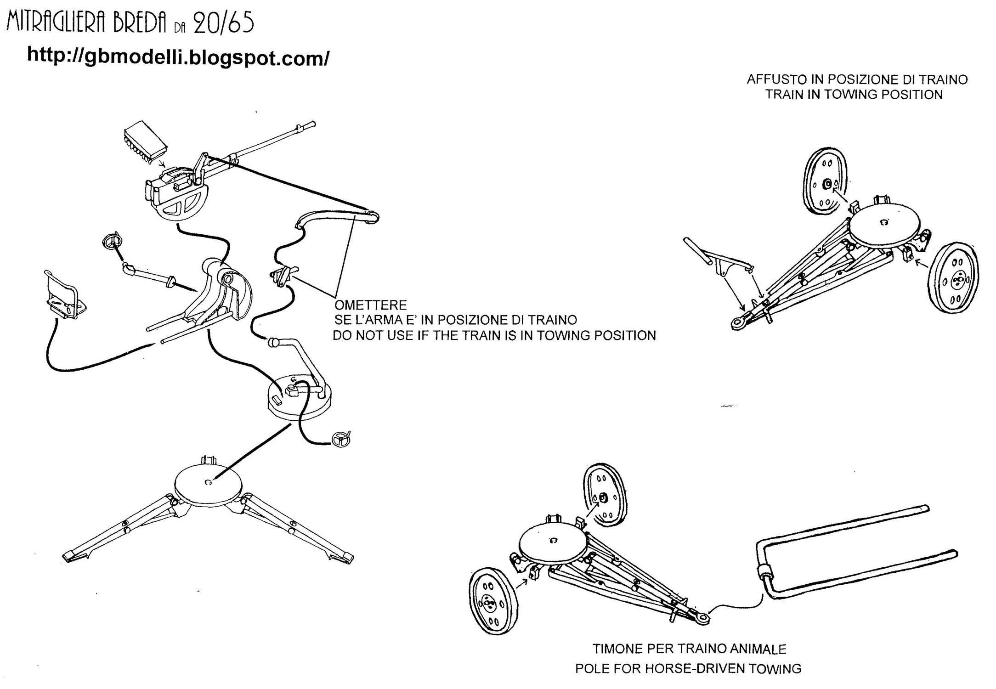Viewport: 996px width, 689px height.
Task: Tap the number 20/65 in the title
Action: [223, 23]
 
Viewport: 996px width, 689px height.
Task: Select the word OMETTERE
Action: [370, 305]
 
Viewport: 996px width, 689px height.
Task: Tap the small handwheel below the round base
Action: [341, 439]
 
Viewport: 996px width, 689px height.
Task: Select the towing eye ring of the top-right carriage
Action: [738, 323]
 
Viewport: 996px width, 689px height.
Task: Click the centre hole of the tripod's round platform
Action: [208, 482]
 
